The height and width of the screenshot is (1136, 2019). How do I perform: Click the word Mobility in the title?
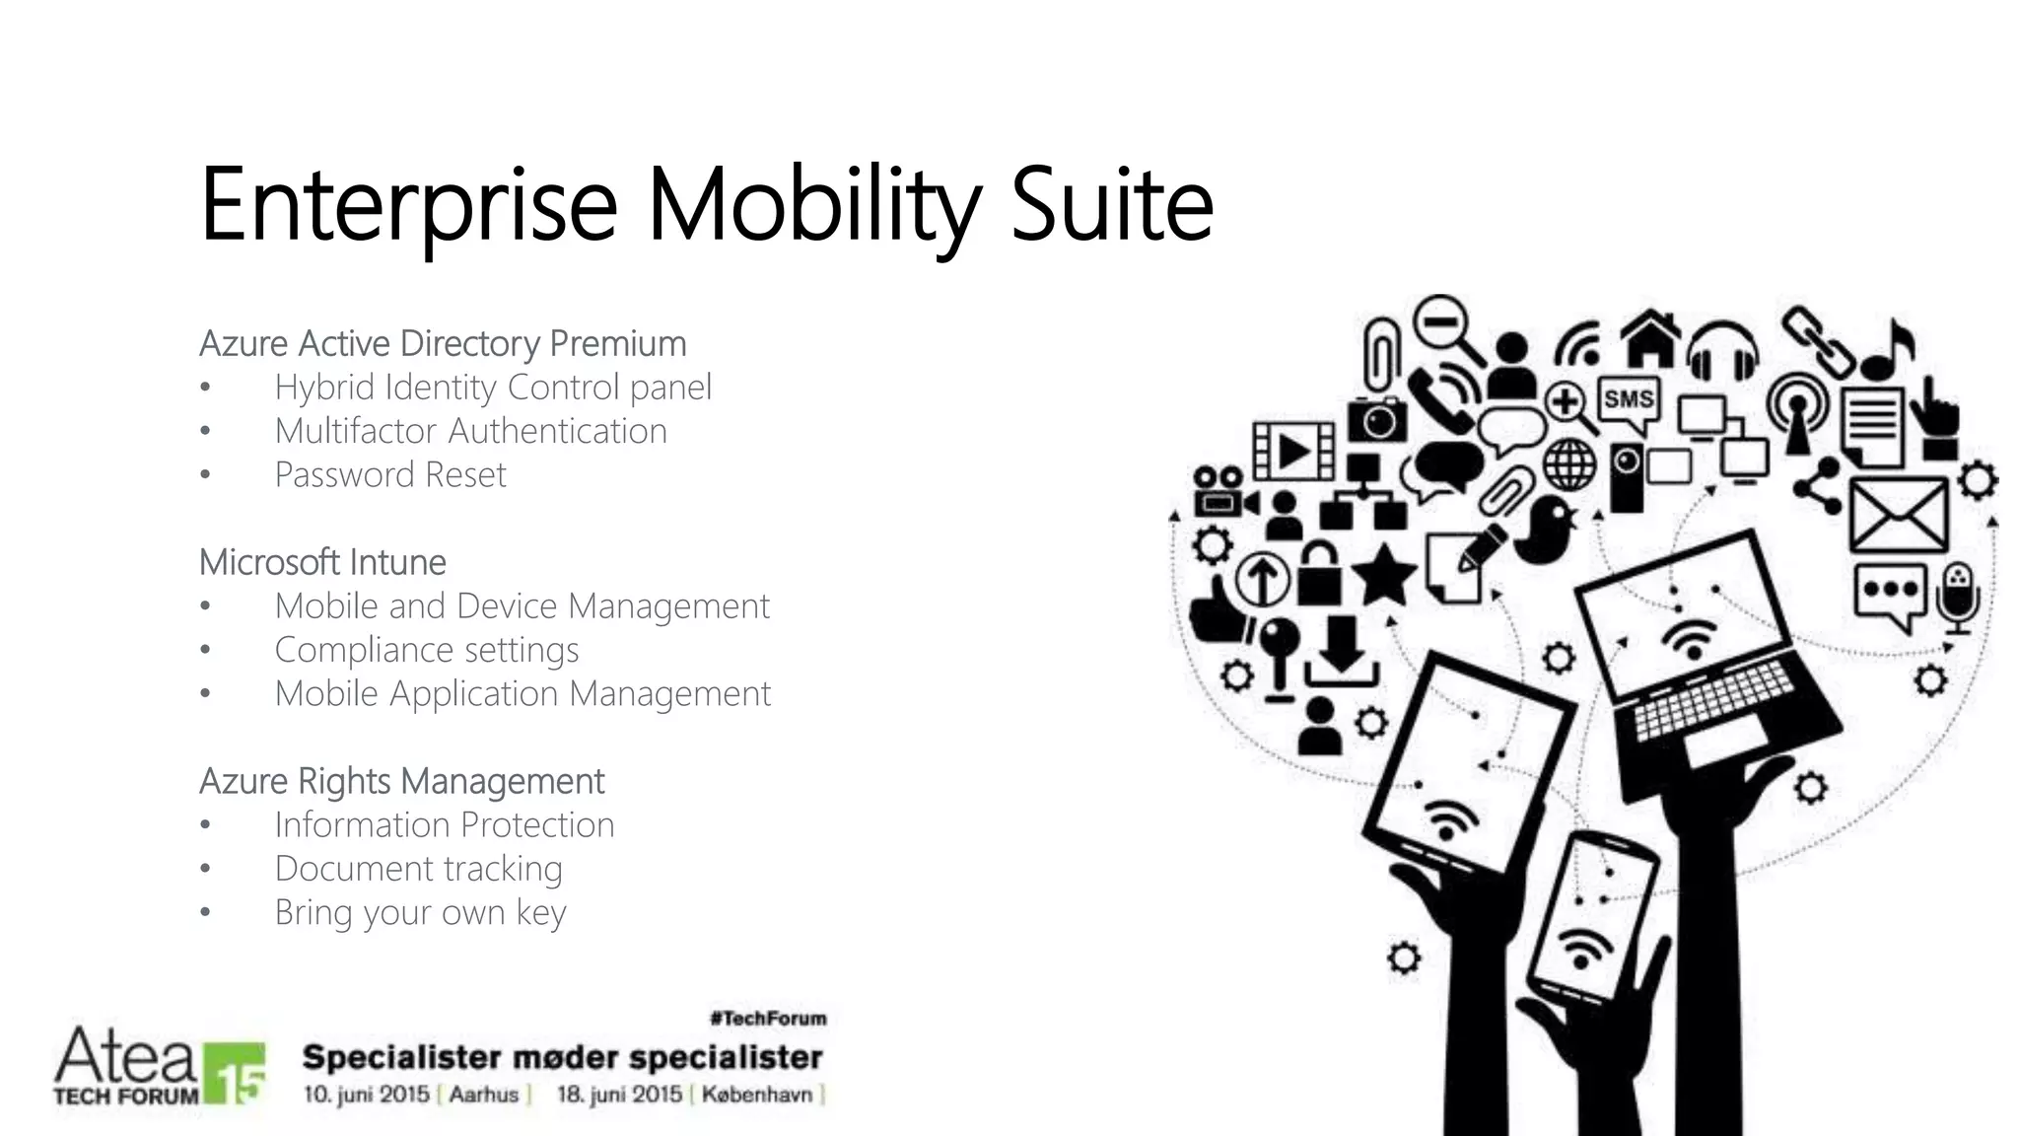coord(814,205)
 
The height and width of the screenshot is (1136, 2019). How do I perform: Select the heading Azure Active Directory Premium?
coord(443,343)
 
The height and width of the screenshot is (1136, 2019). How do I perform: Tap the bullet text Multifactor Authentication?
coord(470,431)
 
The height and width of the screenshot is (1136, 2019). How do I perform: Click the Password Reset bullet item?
coord(389,475)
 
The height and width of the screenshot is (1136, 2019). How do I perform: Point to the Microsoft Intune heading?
coord(322,562)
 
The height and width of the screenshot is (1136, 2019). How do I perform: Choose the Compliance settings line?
coord(426,650)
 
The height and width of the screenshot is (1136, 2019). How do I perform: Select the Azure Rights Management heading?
coord(401,781)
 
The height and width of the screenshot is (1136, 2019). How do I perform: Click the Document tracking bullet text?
coord(418,869)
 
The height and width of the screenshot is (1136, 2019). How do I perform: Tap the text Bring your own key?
coord(420,912)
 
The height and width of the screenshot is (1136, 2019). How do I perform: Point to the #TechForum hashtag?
coord(768,1018)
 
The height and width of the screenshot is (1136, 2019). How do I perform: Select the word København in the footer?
coord(757,1094)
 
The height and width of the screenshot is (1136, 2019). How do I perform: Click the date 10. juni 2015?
coord(366,1094)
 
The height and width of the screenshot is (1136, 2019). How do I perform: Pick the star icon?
coord(1383,574)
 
